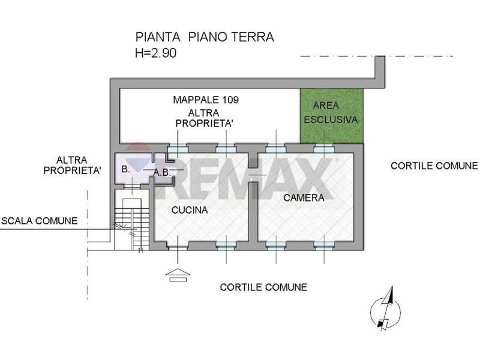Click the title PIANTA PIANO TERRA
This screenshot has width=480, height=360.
click(x=205, y=37)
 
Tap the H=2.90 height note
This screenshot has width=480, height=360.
click(x=155, y=53)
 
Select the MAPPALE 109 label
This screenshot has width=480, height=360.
click(x=206, y=100)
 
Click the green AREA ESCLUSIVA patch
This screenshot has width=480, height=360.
click(x=332, y=116)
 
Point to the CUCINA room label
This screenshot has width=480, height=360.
click(x=190, y=210)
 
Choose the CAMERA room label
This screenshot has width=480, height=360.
click(x=304, y=198)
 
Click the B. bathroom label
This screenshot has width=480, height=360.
click(x=125, y=169)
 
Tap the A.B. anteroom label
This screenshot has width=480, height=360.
click(x=162, y=173)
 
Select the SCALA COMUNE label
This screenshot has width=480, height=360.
click(x=40, y=221)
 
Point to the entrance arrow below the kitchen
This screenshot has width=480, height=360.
click(x=178, y=275)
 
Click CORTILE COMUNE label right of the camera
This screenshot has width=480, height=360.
click(x=434, y=166)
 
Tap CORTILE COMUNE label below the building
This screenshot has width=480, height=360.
click(x=263, y=287)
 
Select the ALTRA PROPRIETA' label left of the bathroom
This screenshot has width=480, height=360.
click(x=72, y=166)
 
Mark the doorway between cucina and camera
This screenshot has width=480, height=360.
click(x=253, y=175)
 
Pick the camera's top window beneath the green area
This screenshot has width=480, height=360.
click(x=324, y=149)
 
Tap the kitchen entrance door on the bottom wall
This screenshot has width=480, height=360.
click(x=178, y=245)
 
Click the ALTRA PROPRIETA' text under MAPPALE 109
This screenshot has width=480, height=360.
click(x=204, y=118)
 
